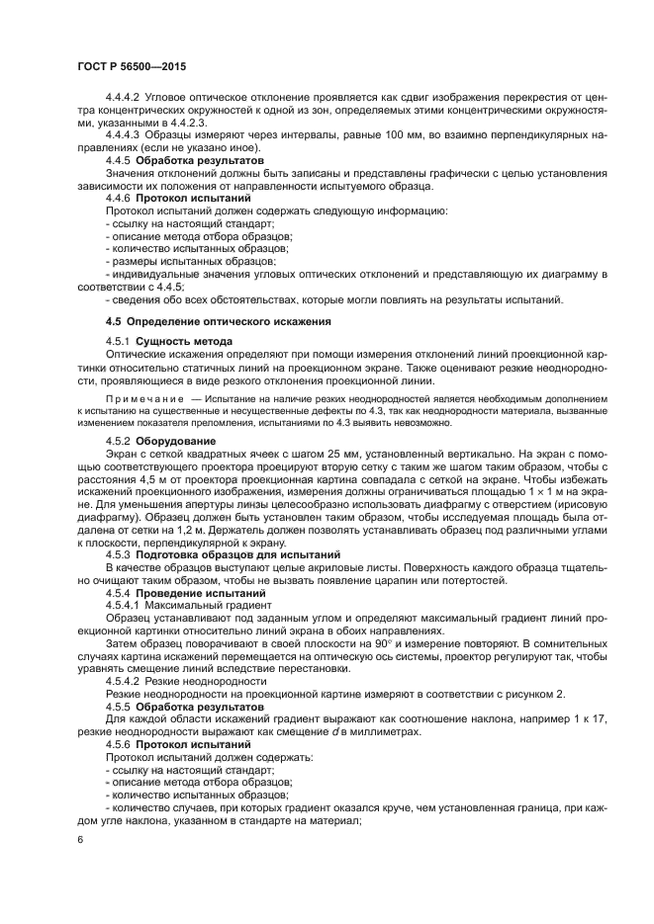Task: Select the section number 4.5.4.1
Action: pos(124,604)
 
